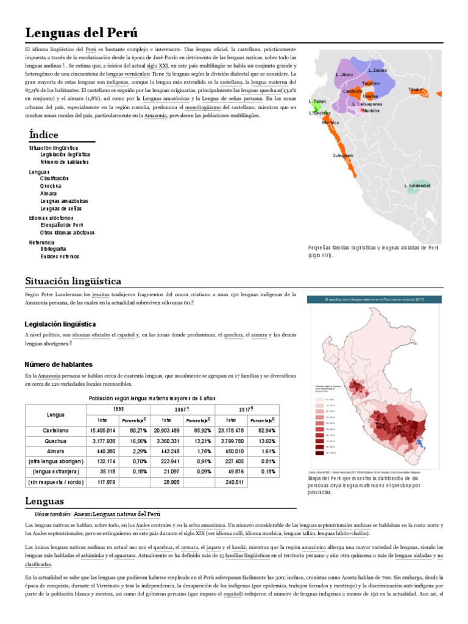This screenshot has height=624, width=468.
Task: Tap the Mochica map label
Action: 330,122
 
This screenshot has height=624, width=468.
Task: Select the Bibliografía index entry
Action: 54,249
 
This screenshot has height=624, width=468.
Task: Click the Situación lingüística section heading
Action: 73,281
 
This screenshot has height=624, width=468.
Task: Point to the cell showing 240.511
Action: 231,482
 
